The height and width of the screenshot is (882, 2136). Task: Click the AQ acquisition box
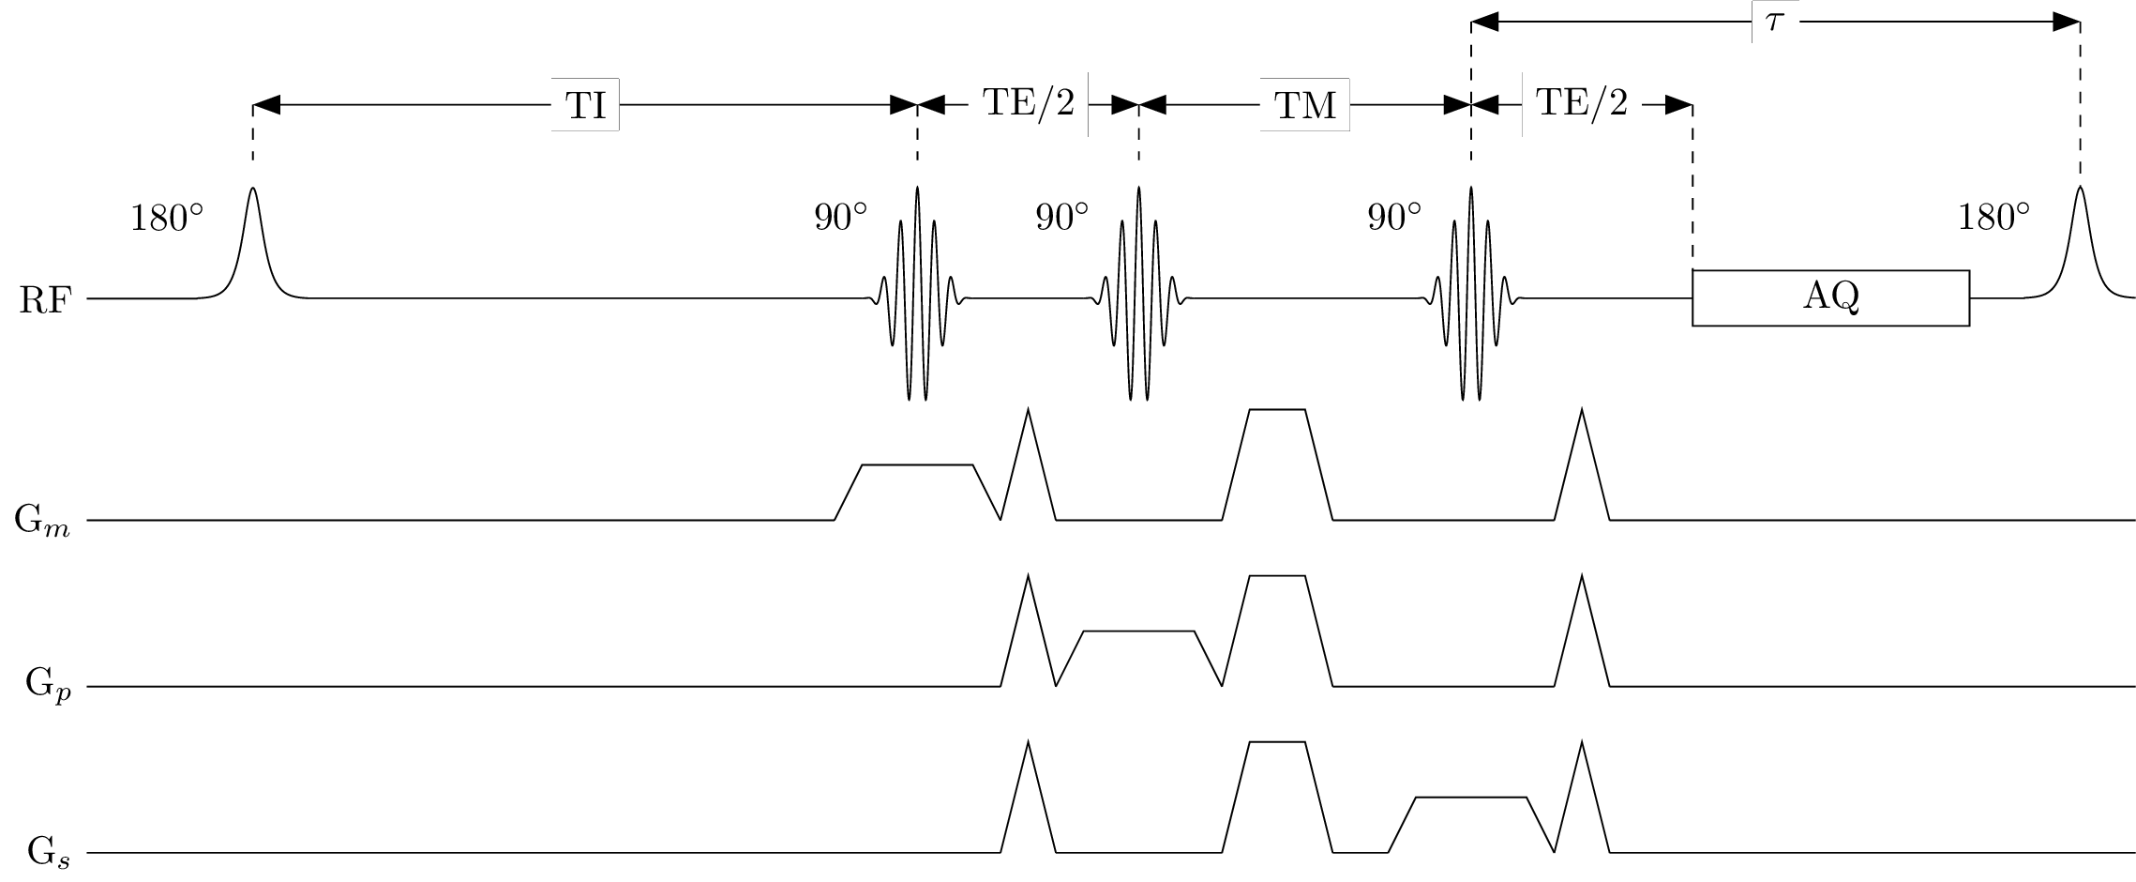click(x=1829, y=297)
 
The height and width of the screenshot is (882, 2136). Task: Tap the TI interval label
click(x=586, y=106)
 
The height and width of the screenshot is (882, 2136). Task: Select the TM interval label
click(x=1304, y=106)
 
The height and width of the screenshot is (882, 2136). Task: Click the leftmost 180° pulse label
click(x=166, y=218)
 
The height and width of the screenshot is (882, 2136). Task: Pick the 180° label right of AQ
click(x=1993, y=218)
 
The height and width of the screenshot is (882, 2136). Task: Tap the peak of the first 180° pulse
click(x=252, y=190)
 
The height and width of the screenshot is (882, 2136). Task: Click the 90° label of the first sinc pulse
click(x=840, y=218)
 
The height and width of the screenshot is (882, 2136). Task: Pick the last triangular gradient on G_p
click(x=1582, y=638)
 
